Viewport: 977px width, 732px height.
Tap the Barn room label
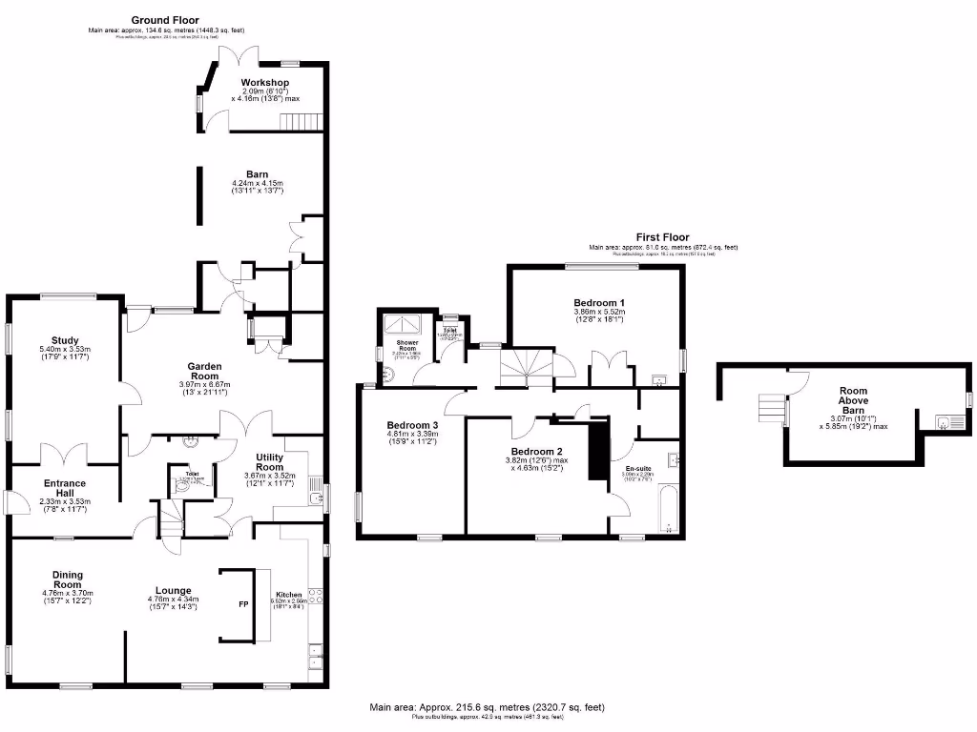[x=257, y=174]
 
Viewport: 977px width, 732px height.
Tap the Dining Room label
[x=68, y=579]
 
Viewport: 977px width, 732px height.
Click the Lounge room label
[x=174, y=590]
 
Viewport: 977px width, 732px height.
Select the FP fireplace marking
[x=242, y=604]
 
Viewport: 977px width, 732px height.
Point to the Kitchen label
[x=288, y=594]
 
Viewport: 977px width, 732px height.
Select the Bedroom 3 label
[x=412, y=425]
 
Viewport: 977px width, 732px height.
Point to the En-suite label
[x=639, y=468]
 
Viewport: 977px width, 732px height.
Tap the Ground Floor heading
[x=164, y=19]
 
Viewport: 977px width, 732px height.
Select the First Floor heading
[x=662, y=237]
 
